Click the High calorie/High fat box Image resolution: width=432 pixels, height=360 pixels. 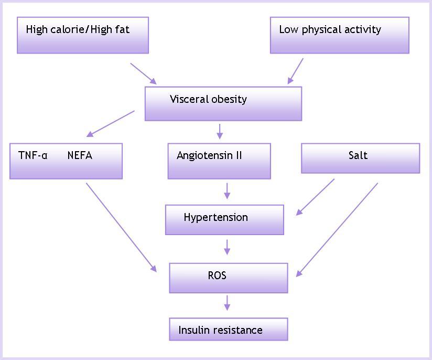(x=83, y=35)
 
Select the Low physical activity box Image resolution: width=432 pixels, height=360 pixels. (x=339, y=35)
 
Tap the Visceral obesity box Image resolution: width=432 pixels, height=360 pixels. (x=223, y=103)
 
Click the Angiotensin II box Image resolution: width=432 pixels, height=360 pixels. (x=219, y=161)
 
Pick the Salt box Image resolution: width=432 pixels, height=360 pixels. (x=360, y=158)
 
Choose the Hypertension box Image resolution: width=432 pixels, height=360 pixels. (x=224, y=219)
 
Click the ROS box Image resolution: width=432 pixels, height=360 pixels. (x=228, y=278)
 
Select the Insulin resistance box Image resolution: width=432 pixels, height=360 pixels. (x=228, y=329)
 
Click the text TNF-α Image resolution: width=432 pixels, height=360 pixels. (x=33, y=155)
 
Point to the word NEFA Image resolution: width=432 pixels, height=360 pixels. (x=80, y=155)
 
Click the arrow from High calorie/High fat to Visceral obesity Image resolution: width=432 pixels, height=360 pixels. (x=143, y=73)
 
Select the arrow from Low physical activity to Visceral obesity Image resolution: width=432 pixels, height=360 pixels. (x=296, y=71)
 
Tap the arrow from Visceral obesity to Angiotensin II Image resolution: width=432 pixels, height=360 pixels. (x=220, y=131)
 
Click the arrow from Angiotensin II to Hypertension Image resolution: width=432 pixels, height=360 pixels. (x=227, y=191)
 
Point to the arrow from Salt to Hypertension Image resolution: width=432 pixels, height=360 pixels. (x=316, y=197)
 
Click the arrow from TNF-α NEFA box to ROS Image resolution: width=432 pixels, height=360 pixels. (x=121, y=227)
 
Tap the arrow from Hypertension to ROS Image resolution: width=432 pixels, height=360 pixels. (x=227, y=247)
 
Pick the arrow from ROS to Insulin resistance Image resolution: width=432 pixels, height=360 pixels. (x=227, y=303)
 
